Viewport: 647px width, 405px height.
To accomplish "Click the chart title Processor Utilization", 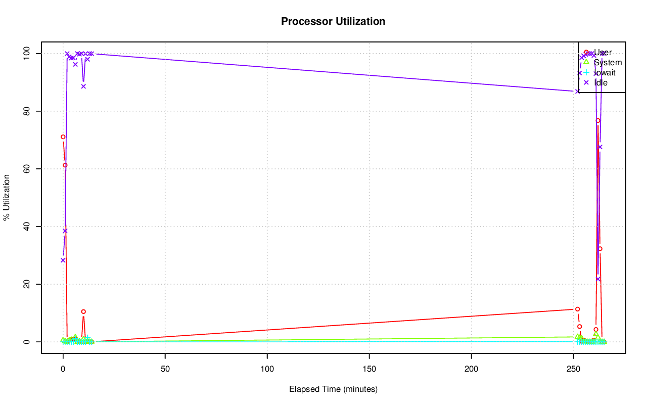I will [333, 22].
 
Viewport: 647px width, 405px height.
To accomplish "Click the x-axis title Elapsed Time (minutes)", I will [333, 389].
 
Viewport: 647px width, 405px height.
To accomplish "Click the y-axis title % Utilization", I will [7, 198].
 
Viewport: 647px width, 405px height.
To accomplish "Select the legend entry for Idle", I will [601, 82].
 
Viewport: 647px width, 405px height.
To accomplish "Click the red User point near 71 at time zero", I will [63, 137].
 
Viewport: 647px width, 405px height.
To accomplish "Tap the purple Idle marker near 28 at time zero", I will [63, 260].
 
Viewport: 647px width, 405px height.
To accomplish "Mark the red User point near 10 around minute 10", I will [83, 311].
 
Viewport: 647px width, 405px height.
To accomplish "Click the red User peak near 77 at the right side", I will [598, 120].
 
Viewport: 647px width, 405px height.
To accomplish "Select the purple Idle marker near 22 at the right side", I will [598, 279].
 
